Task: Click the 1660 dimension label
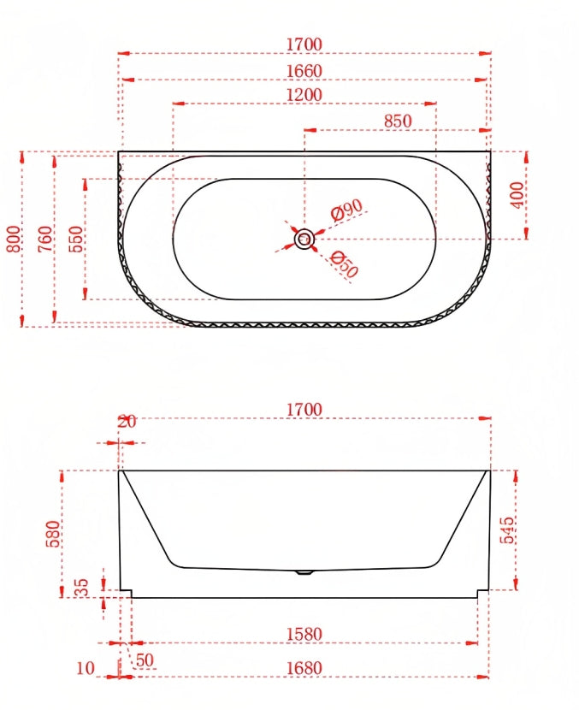click(x=304, y=71)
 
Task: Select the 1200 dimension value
click(x=304, y=95)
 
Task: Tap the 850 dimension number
click(x=398, y=121)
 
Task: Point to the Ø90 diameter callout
click(x=346, y=210)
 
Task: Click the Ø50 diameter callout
click(x=345, y=264)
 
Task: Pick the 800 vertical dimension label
click(x=14, y=239)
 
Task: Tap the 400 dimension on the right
click(x=517, y=195)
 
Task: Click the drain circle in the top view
click(x=304, y=239)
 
